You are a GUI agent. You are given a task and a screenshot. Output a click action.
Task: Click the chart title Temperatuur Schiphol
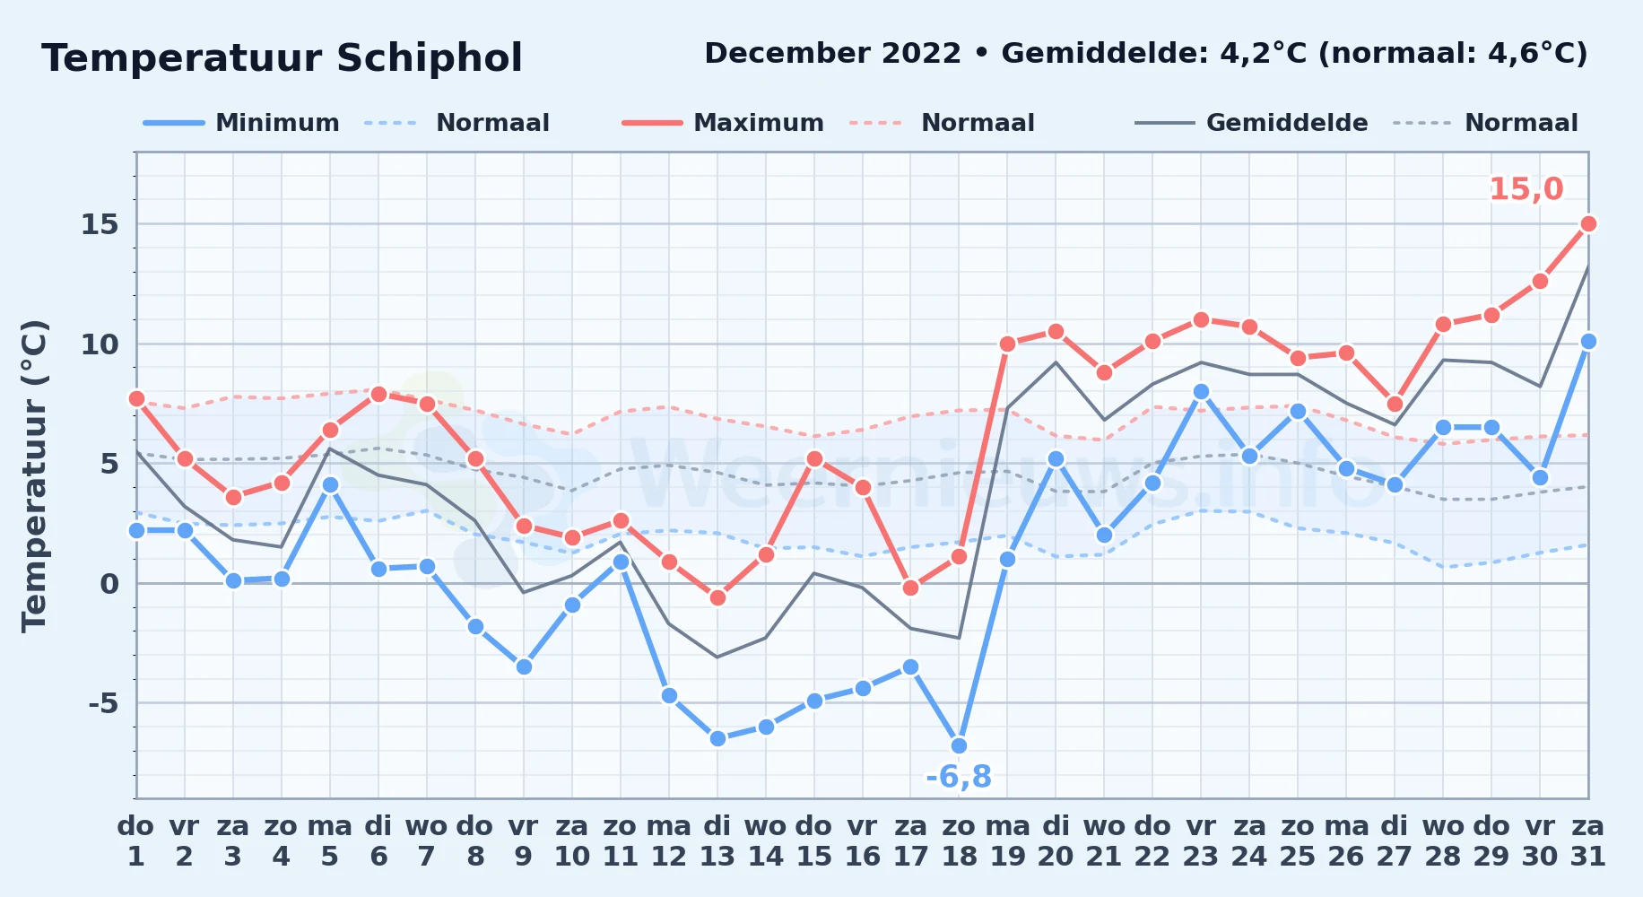coord(282,58)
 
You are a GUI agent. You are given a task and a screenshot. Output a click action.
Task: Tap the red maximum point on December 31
coord(1588,223)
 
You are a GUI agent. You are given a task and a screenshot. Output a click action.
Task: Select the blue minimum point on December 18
coord(959,745)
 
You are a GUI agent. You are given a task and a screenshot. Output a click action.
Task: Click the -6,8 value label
coord(959,777)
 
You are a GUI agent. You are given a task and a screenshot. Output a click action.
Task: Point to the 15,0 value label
coord(1526,189)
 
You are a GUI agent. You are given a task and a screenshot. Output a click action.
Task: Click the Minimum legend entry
coord(241,123)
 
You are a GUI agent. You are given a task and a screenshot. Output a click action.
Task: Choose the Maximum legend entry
coord(723,123)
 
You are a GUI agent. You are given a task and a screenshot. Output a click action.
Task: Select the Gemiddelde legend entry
coord(1252,123)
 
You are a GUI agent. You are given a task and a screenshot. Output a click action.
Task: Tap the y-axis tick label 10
coord(100,344)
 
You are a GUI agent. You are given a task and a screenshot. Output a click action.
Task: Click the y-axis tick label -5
coord(103,703)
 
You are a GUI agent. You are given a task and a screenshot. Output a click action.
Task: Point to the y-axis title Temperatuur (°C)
coord(34,475)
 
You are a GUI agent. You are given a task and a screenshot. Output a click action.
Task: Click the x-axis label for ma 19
coord(1007,841)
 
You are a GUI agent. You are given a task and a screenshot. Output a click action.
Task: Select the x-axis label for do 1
coord(136,841)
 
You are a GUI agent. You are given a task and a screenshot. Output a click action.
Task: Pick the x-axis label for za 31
coord(1588,841)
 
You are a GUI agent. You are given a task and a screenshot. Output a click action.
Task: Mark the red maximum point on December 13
coord(717,597)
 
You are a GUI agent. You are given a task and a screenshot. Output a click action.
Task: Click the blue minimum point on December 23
coord(1201,391)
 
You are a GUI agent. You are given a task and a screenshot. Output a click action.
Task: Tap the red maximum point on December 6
coord(378,394)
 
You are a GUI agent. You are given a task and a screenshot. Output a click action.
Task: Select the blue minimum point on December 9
coord(524,666)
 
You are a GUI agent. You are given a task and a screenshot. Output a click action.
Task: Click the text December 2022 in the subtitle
coord(832,54)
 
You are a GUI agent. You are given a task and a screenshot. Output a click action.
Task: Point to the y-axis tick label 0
coord(109,584)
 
